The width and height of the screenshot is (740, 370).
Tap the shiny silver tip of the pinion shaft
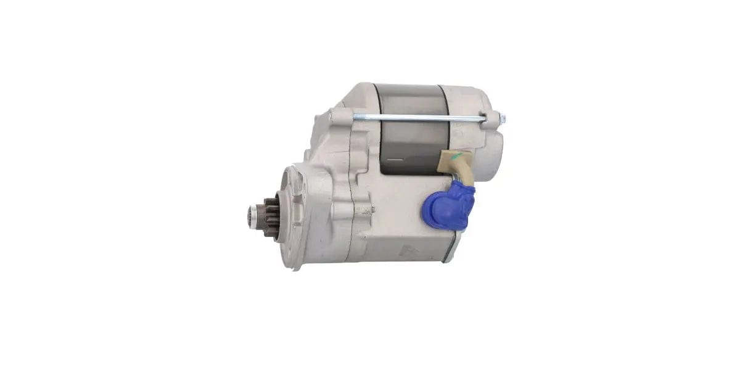pyautogui.click(x=251, y=216)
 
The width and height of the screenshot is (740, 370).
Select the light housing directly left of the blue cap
pyautogui.click(x=401, y=203)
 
